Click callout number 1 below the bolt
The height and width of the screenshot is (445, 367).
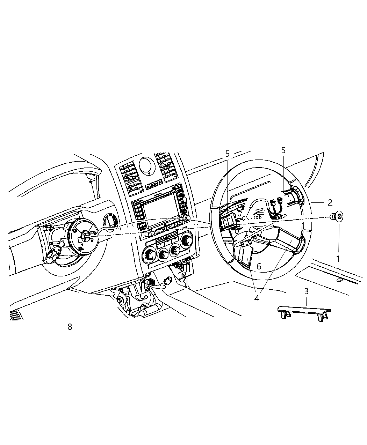click(338, 259)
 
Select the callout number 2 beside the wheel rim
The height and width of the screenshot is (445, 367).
click(330, 202)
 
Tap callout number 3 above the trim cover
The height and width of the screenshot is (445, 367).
click(306, 291)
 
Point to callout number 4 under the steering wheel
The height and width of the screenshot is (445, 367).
click(257, 298)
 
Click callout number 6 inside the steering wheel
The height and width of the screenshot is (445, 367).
click(259, 266)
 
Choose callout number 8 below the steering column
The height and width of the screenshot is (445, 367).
click(70, 327)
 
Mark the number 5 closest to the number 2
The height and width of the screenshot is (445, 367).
click(283, 150)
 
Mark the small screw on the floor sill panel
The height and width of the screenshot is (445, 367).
click(339, 280)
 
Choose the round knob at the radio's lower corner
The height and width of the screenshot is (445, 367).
click(187, 218)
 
